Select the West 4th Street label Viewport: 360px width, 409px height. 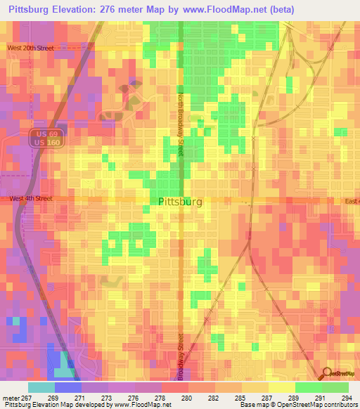30,199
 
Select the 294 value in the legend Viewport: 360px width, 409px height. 347,397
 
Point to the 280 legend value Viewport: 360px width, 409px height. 188,397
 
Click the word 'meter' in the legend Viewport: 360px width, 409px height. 10,397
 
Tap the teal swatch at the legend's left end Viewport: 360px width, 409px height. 41,387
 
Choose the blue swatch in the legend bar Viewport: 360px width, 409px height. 68,387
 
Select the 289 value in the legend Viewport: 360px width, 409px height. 294,397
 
